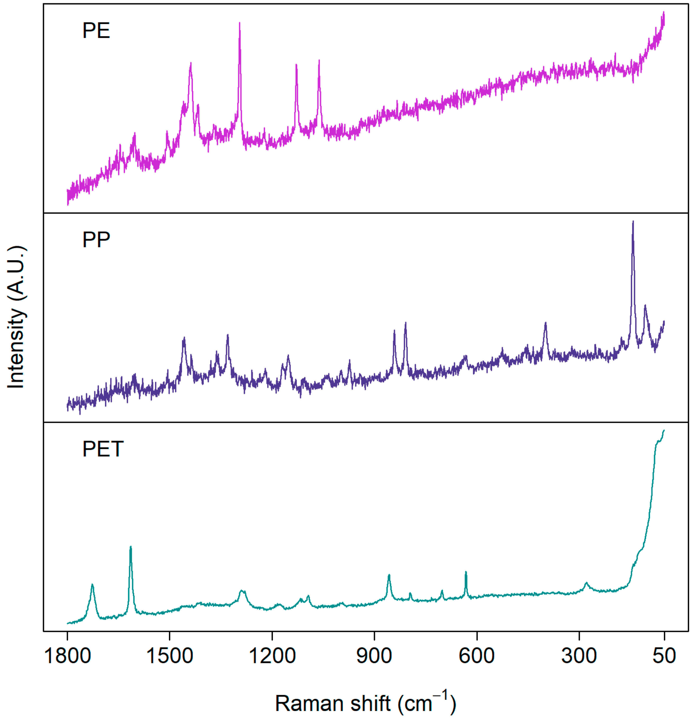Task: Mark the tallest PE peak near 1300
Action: coord(240,24)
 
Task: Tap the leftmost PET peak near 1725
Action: coord(92,585)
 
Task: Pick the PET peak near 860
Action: coord(389,576)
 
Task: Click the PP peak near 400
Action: coord(546,323)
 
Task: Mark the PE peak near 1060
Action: coord(319,61)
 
